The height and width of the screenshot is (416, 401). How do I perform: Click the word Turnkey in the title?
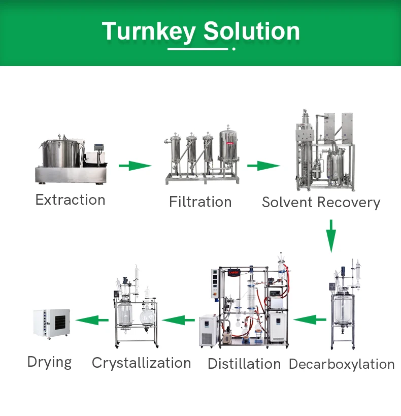[x=148, y=31]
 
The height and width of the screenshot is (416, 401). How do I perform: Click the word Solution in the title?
[x=252, y=31]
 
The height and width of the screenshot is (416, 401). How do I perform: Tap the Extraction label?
[x=70, y=200]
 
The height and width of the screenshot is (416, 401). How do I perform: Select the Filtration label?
[x=200, y=202]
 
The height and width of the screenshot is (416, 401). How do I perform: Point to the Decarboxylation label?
[x=342, y=364]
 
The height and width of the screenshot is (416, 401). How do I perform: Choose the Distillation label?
[x=244, y=364]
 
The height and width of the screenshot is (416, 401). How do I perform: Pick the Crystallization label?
[x=141, y=363]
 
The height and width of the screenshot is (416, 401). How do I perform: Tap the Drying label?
[x=49, y=362]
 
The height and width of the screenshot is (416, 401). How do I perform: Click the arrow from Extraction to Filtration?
[x=135, y=166]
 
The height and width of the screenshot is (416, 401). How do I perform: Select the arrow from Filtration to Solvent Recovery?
[x=263, y=166]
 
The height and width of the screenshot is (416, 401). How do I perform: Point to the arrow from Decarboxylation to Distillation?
[x=310, y=319]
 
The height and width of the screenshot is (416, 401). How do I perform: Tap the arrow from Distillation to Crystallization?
[x=178, y=320]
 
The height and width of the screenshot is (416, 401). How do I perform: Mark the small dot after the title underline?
[x=233, y=49]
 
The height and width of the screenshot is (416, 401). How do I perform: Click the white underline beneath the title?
[x=198, y=49]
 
